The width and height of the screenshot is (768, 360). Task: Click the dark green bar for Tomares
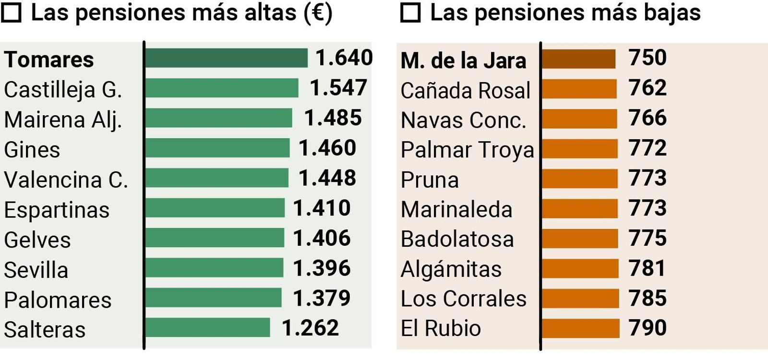(x=226, y=58)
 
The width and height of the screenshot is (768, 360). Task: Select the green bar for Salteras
(x=207, y=328)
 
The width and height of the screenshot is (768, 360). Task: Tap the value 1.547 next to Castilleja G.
(x=338, y=88)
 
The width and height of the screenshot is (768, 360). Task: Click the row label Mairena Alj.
(x=63, y=120)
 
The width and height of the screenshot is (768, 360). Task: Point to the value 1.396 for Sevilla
(x=322, y=268)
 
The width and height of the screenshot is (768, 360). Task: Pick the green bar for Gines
(x=217, y=148)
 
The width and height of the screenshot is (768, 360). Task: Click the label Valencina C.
(x=66, y=180)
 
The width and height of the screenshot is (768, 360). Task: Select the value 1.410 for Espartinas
(x=322, y=208)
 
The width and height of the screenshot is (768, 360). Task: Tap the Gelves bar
(x=215, y=238)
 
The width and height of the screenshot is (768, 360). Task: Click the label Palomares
(x=58, y=300)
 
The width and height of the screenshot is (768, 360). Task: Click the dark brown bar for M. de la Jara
(x=579, y=59)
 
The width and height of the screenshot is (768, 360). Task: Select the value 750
(x=648, y=58)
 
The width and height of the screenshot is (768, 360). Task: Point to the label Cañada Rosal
(x=465, y=91)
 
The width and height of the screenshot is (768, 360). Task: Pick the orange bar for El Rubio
(x=581, y=328)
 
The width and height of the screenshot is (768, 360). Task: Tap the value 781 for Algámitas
(x=647, y=268)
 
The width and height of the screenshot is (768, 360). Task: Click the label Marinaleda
(x=456, y=210)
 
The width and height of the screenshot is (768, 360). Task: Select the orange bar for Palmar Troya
(x=580, y=148)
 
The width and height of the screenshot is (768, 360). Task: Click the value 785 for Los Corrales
(x=648, y=299)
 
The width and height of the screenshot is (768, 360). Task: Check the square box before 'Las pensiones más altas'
(x=11, y=13)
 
